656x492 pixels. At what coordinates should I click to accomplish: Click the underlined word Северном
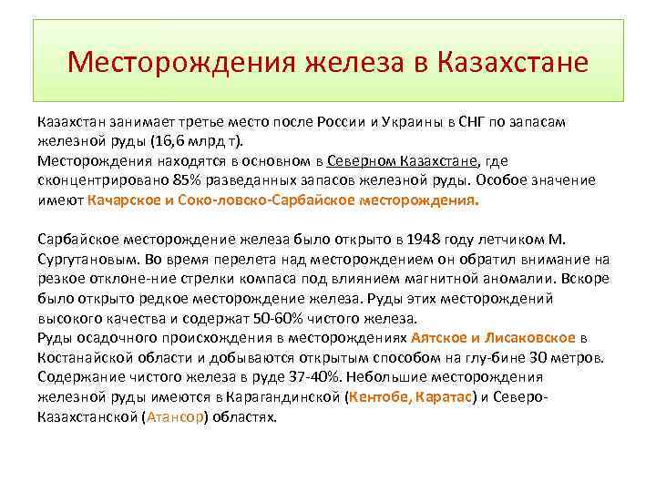[354, 160]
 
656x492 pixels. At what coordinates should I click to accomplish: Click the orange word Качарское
[122, 200]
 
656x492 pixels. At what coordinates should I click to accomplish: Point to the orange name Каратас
[444, 397]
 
